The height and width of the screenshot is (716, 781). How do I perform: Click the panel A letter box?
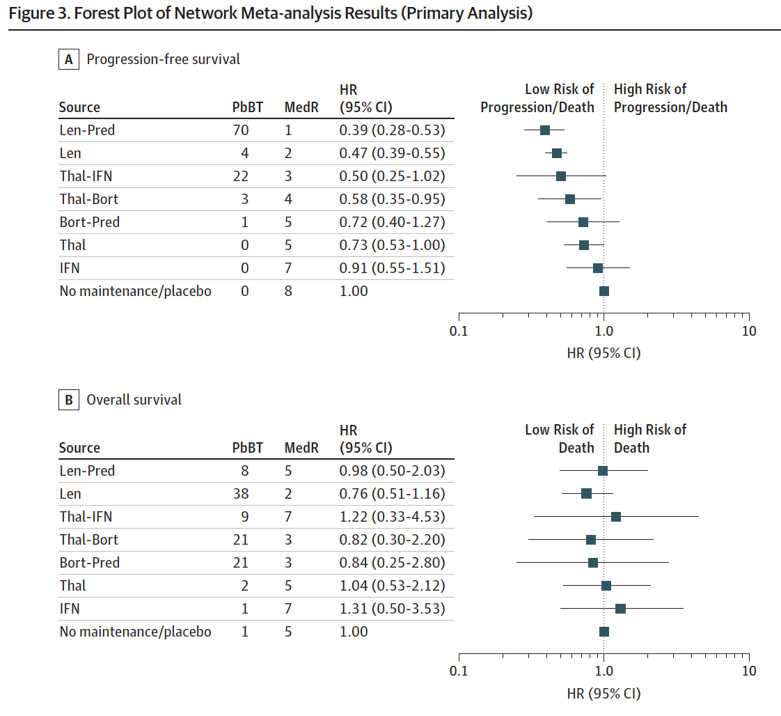69,59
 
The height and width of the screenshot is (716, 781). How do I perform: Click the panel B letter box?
69,400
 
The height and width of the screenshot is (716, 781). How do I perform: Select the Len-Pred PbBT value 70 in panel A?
241,130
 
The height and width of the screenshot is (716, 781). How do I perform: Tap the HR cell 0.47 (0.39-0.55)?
392,153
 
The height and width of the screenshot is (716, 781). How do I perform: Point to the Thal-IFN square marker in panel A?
561,176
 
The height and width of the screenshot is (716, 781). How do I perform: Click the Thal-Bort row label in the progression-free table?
88,199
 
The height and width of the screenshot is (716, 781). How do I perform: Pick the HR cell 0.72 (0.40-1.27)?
392,221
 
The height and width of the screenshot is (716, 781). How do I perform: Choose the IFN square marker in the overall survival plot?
620,608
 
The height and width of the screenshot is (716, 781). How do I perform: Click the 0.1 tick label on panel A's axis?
459,331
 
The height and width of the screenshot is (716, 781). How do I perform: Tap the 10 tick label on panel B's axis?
749,671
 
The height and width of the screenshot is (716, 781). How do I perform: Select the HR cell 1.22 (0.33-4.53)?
392,517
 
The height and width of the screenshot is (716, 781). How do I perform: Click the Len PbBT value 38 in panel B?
241,494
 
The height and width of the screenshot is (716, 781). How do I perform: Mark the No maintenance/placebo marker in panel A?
604,291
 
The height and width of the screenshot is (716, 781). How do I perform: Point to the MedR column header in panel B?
301,448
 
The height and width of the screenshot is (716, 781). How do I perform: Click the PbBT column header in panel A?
248,107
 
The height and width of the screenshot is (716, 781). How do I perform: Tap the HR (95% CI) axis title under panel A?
603,353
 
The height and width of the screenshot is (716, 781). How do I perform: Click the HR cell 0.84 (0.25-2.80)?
392,563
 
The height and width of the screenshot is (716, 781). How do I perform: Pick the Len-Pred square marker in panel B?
603,471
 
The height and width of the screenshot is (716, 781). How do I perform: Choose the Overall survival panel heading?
134,400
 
